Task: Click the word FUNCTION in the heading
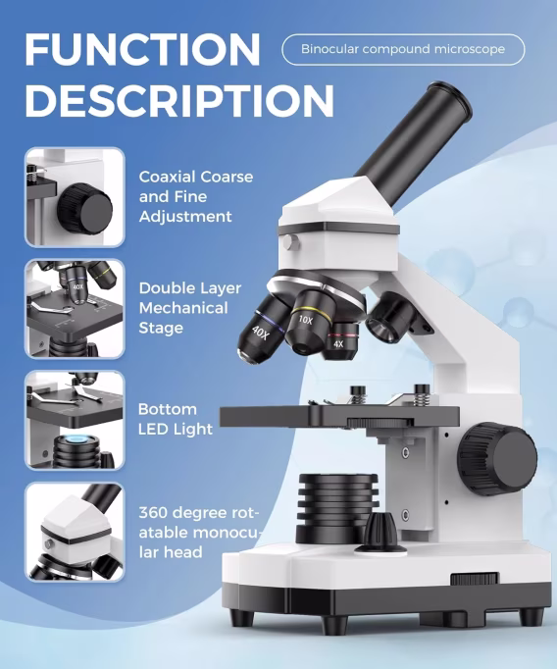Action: point(142,49)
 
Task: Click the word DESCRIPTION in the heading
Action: point(179,100)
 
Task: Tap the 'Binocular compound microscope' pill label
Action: point(403,49)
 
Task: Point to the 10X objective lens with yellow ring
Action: point(308,322)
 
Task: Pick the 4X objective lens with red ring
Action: point(340,340)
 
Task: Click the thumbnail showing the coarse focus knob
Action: point(75,197)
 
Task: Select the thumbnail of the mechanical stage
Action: point(75,308)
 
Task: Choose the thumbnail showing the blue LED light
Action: point(75,420)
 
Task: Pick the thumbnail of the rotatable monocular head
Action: point(75,532)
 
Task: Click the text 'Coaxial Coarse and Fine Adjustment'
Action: point(196,197)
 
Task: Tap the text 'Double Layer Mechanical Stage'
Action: point(190,308)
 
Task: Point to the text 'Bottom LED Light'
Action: point(176,419)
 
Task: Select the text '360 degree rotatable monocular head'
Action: point(200,532)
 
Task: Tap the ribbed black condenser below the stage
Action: point(337,508)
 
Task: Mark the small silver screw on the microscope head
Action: point(291,242)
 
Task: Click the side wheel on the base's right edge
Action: point(475,579)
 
